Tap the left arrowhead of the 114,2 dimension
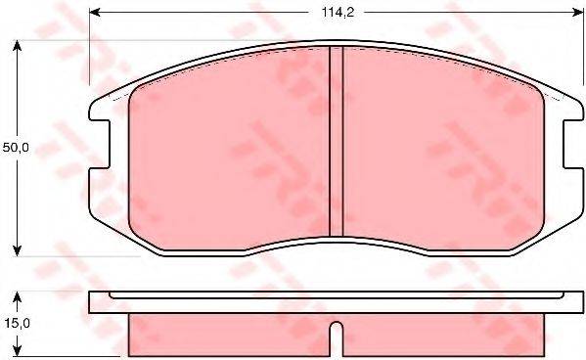pyautogui.click(x=94, y=13)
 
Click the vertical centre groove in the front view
pyautogui.click(x=335, y=142)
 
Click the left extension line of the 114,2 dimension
pyautogui.click(x=89, y=49)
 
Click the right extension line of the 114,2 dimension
pyautogui.click(x=576, y=49)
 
